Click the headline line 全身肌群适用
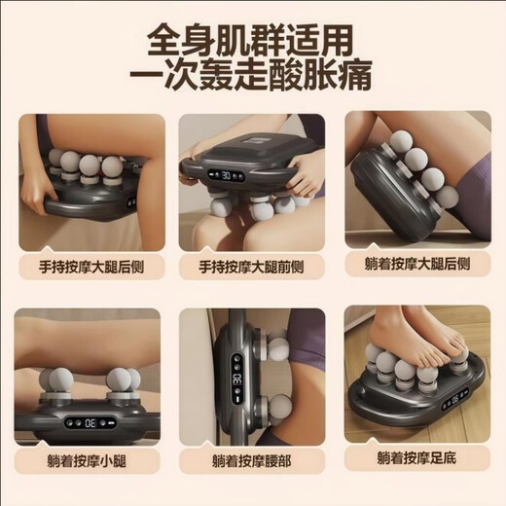click(252, 40)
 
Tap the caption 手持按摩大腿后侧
click(89, 265)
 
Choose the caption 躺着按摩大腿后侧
click(416, 265)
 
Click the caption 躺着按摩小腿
click(89, 459)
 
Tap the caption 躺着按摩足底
click(416, 459)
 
